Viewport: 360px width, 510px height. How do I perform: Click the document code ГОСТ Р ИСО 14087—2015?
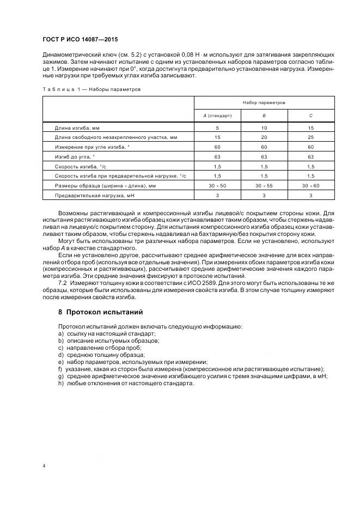80,40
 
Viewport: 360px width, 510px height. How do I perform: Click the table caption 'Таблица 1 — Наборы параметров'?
91,88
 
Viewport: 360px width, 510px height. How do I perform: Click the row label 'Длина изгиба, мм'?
77,127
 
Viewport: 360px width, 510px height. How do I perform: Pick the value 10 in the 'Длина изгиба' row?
264,127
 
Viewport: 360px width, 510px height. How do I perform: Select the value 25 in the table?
310,137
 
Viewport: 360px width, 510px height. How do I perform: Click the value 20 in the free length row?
264,137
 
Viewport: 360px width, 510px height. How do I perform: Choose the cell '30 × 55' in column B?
264,186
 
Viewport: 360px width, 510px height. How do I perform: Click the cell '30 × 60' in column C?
310,186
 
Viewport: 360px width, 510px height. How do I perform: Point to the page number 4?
42,466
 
